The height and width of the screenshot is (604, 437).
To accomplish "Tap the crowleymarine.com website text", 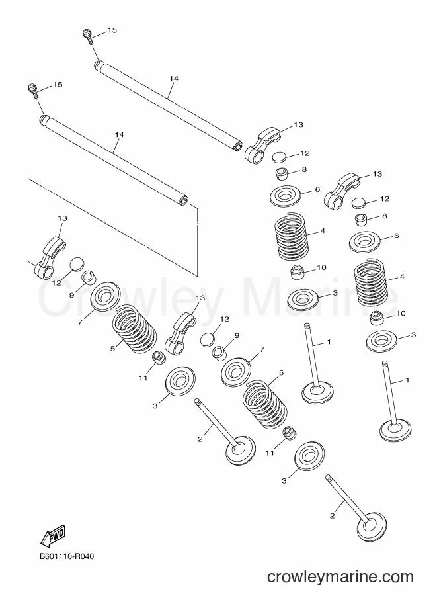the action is pos(340,577).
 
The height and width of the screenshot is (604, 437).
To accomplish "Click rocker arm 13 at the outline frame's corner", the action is pos(50,257).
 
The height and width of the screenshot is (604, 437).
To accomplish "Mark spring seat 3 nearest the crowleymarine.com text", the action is pos(309,456).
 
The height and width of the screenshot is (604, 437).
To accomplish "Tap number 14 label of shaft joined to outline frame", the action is pos(120,134).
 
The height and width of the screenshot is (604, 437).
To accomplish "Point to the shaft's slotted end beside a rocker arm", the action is pos(238,146).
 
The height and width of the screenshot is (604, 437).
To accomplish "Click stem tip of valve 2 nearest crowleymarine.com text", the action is pos(328,478).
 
